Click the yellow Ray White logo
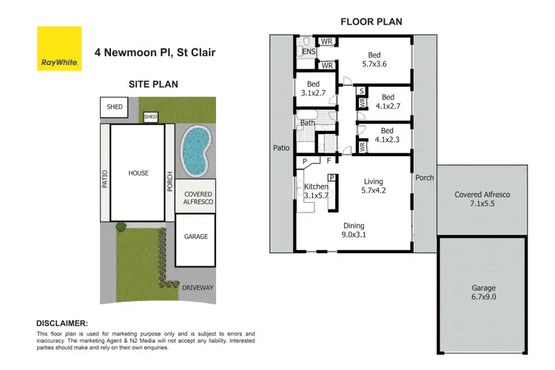click(59, 49)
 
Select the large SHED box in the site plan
click(115, 107)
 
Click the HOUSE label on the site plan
click(138, 173)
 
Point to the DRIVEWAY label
click(195, 284)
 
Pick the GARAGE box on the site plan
click(195, 237)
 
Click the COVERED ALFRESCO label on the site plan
click(195, 198)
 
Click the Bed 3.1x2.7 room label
click(313, 89)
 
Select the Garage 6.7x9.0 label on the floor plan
click(484, 292)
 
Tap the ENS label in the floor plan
click(308, 51)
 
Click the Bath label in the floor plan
click(308, 123)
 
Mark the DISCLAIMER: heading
click(62, 323)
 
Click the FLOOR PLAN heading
click(371, 21)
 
